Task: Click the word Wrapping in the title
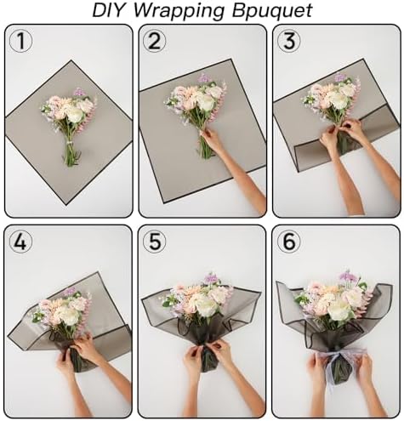pos(184,11)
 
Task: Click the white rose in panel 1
pos(75,113)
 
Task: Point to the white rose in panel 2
pos(205,103)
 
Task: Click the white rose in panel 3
pos(339,100)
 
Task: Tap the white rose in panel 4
pos(68,316)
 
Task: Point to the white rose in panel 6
pos(339,310)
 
